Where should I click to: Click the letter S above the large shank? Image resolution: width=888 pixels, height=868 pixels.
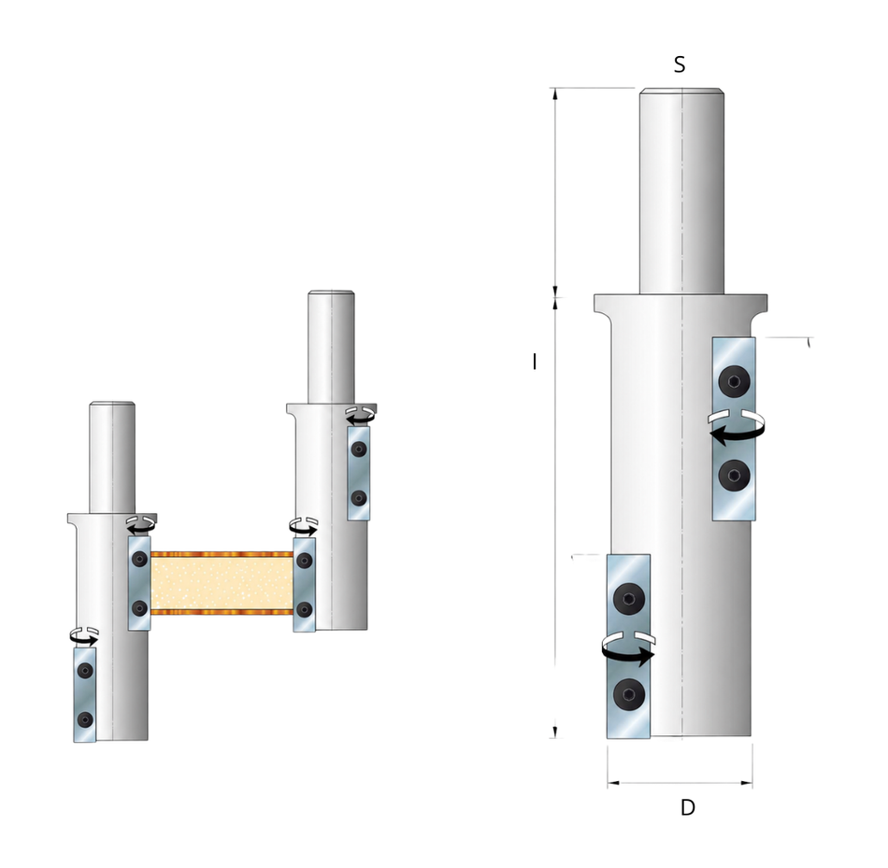680,64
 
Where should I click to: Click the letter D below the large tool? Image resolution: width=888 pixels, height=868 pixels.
688,807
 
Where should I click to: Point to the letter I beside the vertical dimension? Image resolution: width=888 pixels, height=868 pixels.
535,362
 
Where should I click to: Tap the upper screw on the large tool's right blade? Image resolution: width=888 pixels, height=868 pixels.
734,381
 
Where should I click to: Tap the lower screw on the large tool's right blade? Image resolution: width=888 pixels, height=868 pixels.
734,476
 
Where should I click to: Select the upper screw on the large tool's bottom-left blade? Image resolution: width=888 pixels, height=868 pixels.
629,599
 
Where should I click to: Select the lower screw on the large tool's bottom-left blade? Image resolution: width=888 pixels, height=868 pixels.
629,693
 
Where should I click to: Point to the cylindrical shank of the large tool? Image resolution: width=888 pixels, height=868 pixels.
681,192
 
